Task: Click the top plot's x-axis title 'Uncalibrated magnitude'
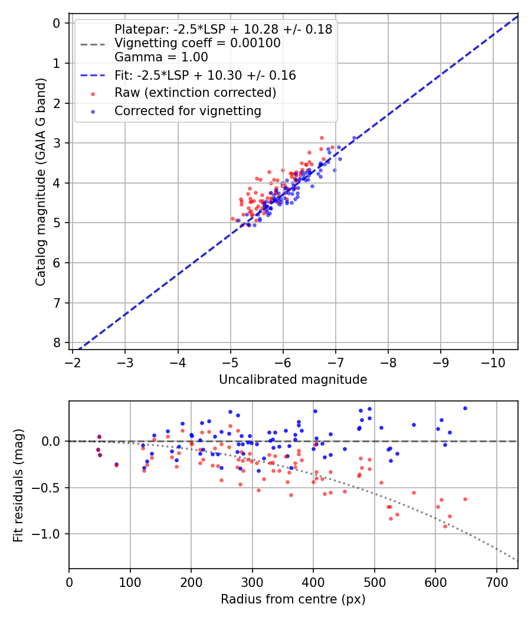pos(293,380)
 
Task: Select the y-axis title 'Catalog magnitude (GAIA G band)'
pos(40,184)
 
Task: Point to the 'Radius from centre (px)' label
pos(293,599)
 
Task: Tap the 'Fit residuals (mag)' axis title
pos(18,485)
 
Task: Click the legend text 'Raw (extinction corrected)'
pos(195,93)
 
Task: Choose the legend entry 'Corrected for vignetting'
pos(188,110)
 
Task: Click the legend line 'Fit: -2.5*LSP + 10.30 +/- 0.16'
pos(205,76)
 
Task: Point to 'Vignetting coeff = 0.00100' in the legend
pos(197,43)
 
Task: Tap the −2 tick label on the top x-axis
pos(73,361)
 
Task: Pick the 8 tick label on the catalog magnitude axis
pos(57,343)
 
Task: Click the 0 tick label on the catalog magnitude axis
pos(57,23)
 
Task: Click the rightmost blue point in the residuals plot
pos(465,408)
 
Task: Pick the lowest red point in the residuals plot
pos(445,526)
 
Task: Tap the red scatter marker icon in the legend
pos(92,93)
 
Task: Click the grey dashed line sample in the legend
pos(92,44)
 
